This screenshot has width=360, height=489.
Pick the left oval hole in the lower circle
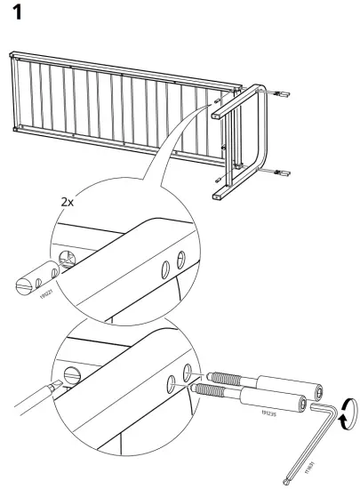[171, 384]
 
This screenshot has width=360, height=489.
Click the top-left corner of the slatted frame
[13, 59]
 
